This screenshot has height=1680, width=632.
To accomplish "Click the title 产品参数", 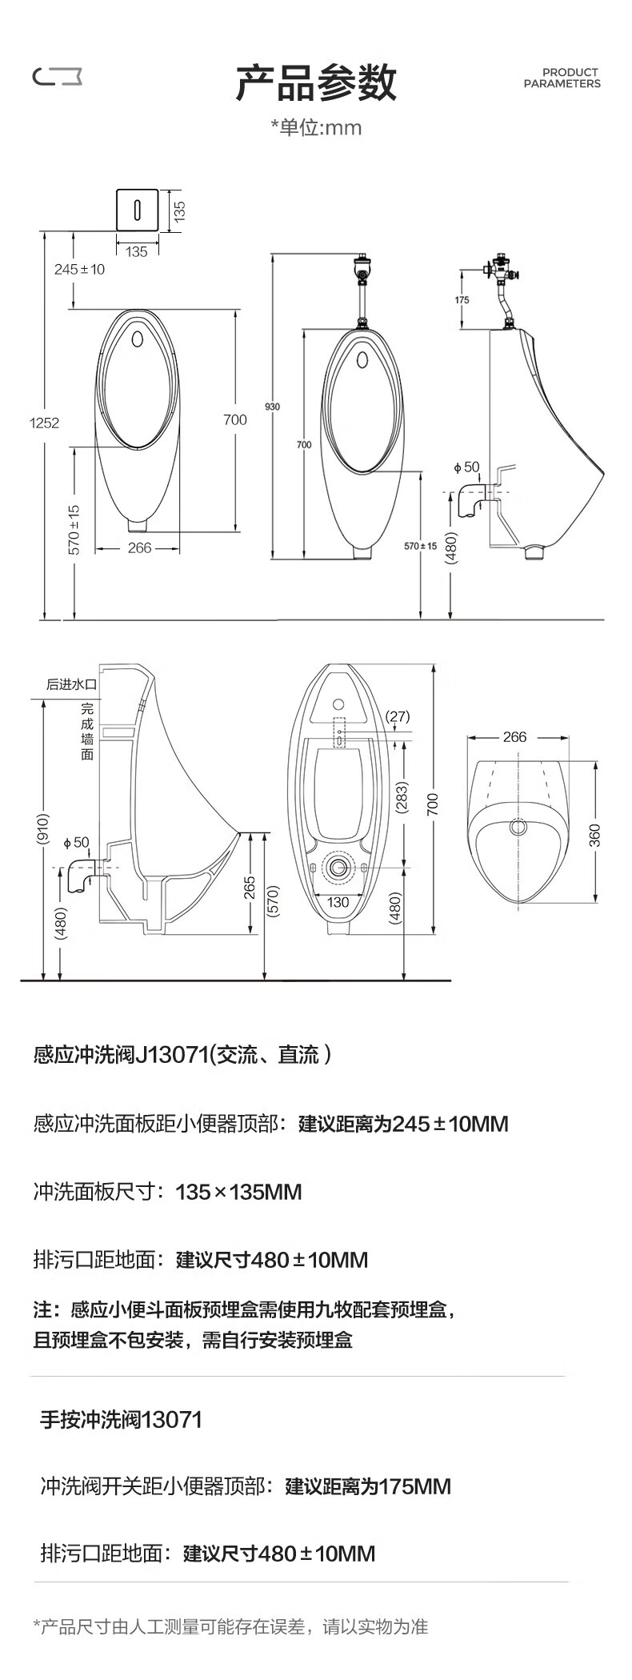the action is pyautogui.click(x=316, y=82).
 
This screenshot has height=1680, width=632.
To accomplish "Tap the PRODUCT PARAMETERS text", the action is pyautogui.click(x=562, y=78).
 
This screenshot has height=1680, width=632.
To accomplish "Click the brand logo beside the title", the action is pyautogui.click(x=57, y=76).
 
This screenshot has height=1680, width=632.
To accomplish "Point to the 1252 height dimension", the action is pyautogui.click(x=45, y=423).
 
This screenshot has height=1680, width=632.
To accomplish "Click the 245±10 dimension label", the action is pyautogui.click(x=79, y=269).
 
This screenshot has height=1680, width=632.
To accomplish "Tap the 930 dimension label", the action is pyautogui.click(x=273, y=407).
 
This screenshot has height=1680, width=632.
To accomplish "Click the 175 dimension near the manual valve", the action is pyautogui.click(x=462, y=300).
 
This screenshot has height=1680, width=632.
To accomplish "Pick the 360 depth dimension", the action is pyautogui.click(x=594, y=835).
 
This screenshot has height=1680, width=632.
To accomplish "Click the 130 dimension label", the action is pyautogui.click(x=338, y=902).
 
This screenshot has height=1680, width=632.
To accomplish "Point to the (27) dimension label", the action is pyautogui.click(x=398, y=716).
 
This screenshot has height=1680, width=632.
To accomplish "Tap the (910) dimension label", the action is pyautogui.click(x=43, y=829).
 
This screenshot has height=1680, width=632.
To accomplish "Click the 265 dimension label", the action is pyautogui.click(x=250, y=888).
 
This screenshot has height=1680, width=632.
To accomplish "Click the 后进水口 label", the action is pyautogui.click(x=71, y=684).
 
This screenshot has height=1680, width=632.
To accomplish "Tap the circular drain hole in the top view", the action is pyautogui.click(x=519, y=826).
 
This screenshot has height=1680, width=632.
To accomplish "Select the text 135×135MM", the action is pyautogui.click(x=239, y=1192).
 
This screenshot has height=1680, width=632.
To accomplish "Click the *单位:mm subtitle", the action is pyautogui.click(x=316, y=127).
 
